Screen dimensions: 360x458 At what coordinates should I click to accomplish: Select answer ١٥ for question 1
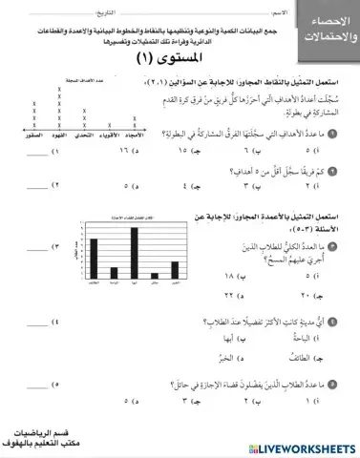(203, 150)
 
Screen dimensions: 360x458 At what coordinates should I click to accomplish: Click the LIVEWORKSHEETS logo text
(305, 447)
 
